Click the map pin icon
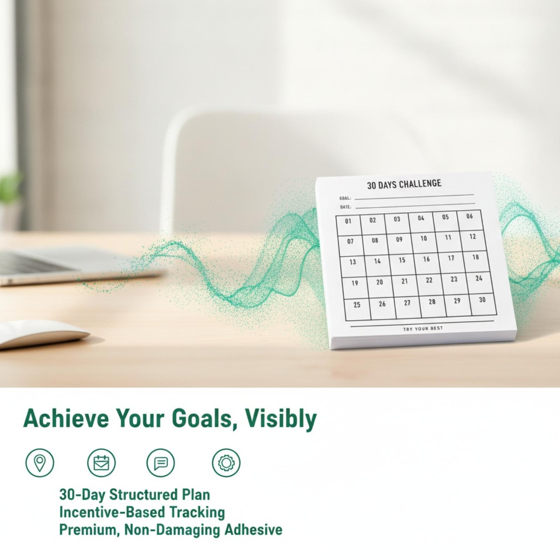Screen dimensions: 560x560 40,463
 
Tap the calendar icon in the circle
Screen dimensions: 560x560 101,463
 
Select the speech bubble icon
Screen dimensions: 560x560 161,463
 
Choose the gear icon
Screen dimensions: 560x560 226,463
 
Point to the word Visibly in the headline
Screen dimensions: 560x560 281,419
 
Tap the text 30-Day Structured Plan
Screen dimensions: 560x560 135,495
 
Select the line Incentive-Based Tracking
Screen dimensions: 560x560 142,512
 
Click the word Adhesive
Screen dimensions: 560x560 253,529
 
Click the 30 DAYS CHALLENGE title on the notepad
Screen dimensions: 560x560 404,184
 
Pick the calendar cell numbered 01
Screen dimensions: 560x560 349,225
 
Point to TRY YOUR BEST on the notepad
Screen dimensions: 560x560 423,329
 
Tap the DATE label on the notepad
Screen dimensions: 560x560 345,207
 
